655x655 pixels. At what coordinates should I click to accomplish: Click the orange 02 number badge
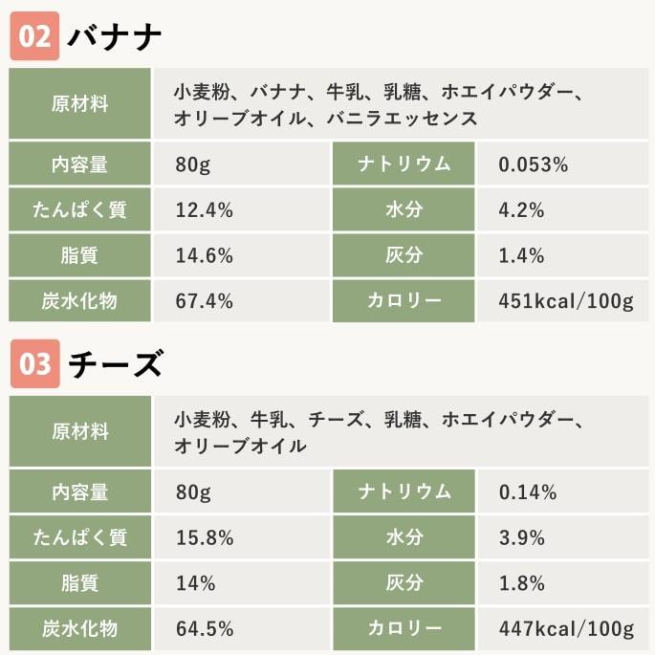point(34,37)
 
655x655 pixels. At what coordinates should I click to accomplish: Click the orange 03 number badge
point(34,364)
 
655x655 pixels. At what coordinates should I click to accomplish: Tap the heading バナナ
point(115,37)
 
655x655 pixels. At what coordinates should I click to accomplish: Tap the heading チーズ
point(115,364)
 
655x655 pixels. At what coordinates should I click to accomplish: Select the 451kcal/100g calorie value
point(566,301)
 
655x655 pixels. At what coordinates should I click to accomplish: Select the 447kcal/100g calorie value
point(566,629)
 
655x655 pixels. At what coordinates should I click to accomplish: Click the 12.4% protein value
point(205,210)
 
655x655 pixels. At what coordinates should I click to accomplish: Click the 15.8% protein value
point(205,537)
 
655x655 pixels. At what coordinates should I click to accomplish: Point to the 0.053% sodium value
point(534,164)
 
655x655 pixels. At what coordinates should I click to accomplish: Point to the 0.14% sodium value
point(528,492)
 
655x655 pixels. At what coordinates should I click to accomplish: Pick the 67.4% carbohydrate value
point(205,301)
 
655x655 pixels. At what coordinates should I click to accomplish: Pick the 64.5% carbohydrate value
point(205,629)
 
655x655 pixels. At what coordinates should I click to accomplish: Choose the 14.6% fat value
point(205,255)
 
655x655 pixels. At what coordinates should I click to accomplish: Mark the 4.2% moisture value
point(521,210)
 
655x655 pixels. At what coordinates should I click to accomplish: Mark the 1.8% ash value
point(521,583)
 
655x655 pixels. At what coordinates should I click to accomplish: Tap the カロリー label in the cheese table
point(404,629)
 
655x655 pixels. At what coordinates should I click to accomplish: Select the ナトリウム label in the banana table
point(404,164)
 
